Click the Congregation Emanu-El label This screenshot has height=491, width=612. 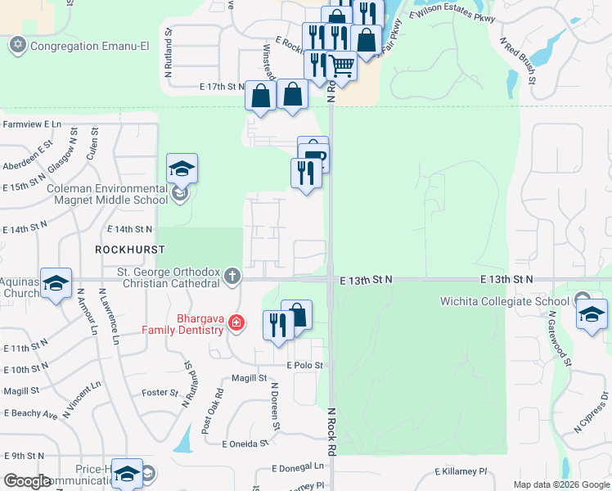coord(89,46)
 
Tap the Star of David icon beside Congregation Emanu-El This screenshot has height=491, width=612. coord(18,46)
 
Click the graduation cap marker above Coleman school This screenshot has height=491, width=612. coord(182,169)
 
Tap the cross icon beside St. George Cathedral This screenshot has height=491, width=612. coord(233,277)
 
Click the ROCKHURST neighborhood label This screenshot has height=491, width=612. coord(125,249)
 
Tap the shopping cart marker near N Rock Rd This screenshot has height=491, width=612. coord(342,65)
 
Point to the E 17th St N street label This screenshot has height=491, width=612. coord(222,86)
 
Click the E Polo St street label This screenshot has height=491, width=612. coord(305,365)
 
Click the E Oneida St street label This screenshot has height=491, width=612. coord(245,444)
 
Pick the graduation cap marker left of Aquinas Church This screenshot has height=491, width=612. coord(56,283)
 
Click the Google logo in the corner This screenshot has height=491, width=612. coord(27,481)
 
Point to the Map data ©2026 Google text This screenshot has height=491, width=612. coord(560,484)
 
